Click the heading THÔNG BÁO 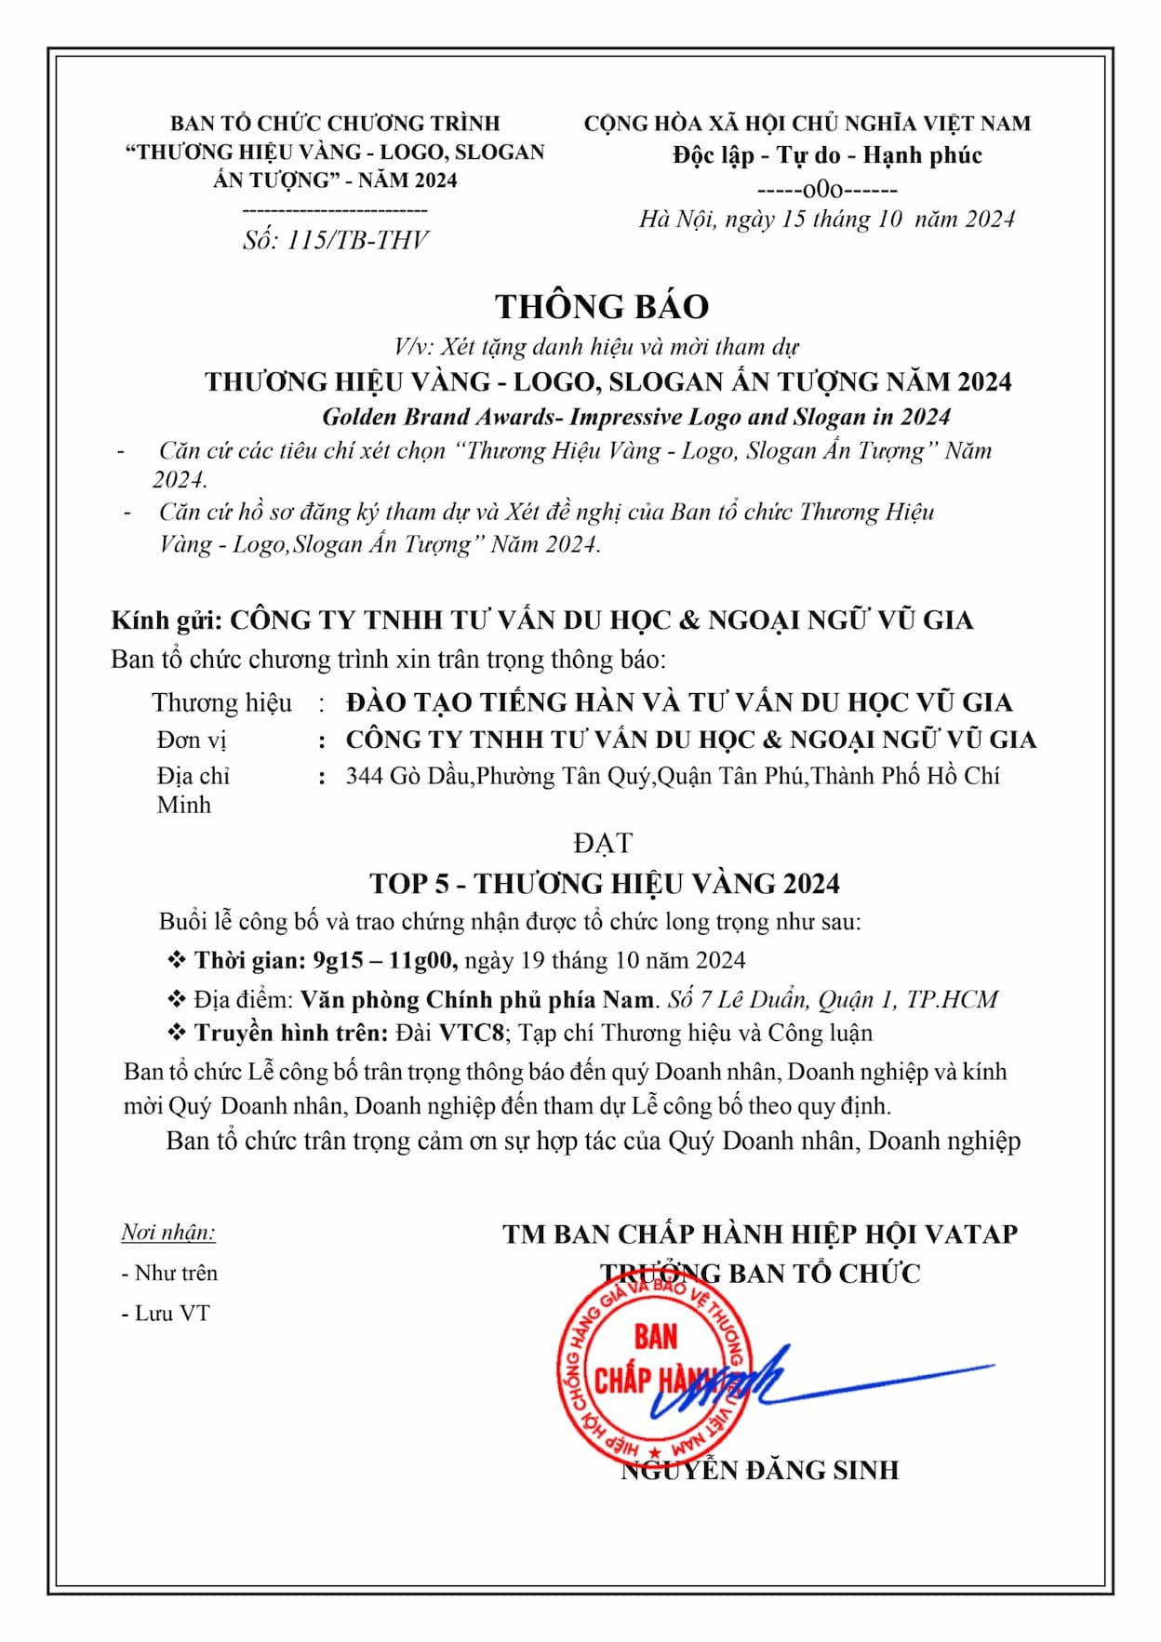click(x=601, y=307)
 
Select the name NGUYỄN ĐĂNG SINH click(x=760, y=1471)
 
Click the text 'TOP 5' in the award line click(x=408, y=883)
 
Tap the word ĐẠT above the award click(x=603, y=843)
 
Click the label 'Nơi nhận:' click(x=168, y=1233)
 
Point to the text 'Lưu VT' click(x=172, y=1314)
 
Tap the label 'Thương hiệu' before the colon click(x=221, y=702)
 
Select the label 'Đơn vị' click(x=192, y=741)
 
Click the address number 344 click(x=364, y=776)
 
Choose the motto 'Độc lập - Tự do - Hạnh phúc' click(x=827, y=155)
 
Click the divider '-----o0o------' click(x=827, y=190)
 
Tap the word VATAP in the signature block click(x=971, y=1235)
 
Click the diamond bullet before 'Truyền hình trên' click(x=176, y=1033)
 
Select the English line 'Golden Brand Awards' click(x=437, y=417)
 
